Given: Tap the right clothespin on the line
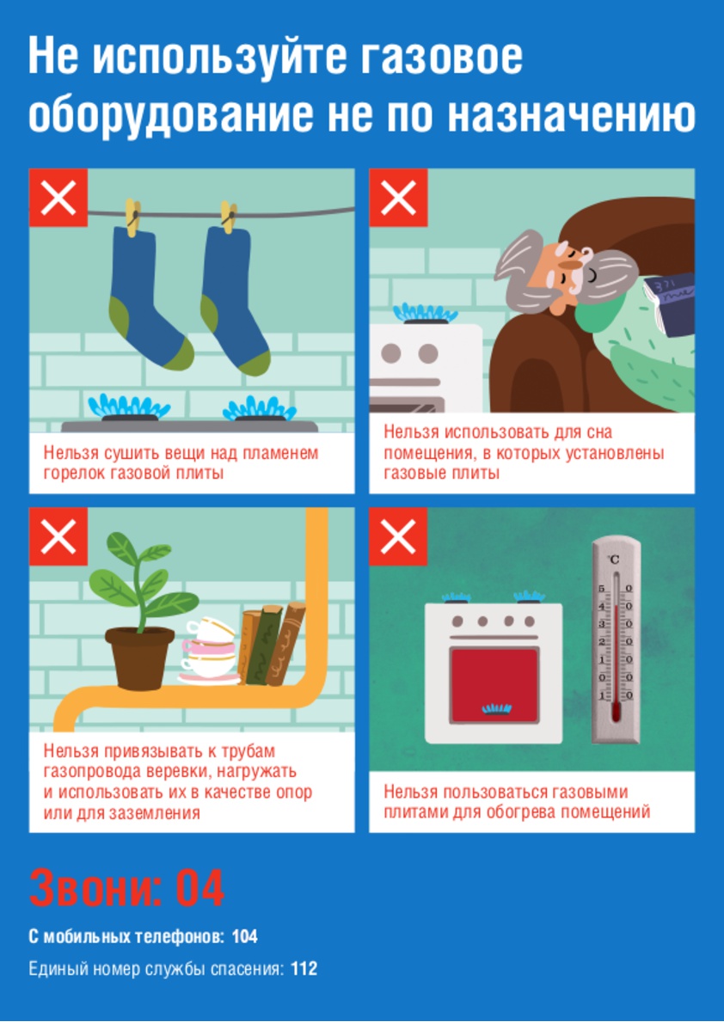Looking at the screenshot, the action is click(228, 217).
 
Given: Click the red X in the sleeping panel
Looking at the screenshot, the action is click(398, 198).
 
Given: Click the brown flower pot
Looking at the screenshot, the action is click(139, 657).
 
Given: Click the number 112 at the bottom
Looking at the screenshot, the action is click(304, 969).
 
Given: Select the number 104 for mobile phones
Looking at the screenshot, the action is click(244, 937).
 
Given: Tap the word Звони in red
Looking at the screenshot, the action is click(95, 889).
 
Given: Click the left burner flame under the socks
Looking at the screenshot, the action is click(128, 406).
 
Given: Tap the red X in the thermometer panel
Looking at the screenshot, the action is click(398, 537).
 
